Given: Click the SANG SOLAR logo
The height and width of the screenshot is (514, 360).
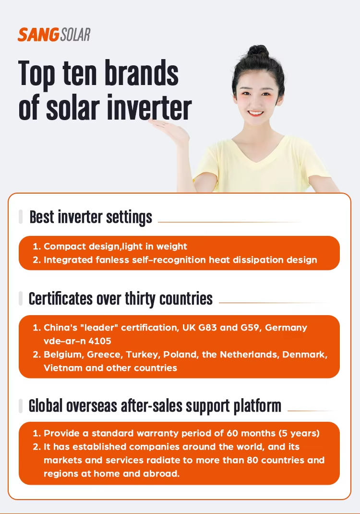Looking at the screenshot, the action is tap(54, 35).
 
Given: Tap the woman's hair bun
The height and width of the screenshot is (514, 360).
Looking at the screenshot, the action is tap(258, 51).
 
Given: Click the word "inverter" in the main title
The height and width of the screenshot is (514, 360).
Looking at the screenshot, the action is tap(149, 108).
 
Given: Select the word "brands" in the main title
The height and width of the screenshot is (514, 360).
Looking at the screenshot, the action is tap(142, 73).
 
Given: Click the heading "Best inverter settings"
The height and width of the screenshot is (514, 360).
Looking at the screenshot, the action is tap(91, 217).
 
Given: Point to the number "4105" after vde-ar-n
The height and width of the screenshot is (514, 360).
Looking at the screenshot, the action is tap(100, 341).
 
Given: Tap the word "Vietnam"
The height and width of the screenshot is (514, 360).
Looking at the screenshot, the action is tap(63, 368).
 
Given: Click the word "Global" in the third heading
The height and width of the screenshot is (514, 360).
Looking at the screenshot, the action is tap(46, 406).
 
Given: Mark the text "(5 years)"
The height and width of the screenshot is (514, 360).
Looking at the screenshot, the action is tap(299, 433).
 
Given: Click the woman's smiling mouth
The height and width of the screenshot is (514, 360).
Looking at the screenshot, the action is tap(255, 113).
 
